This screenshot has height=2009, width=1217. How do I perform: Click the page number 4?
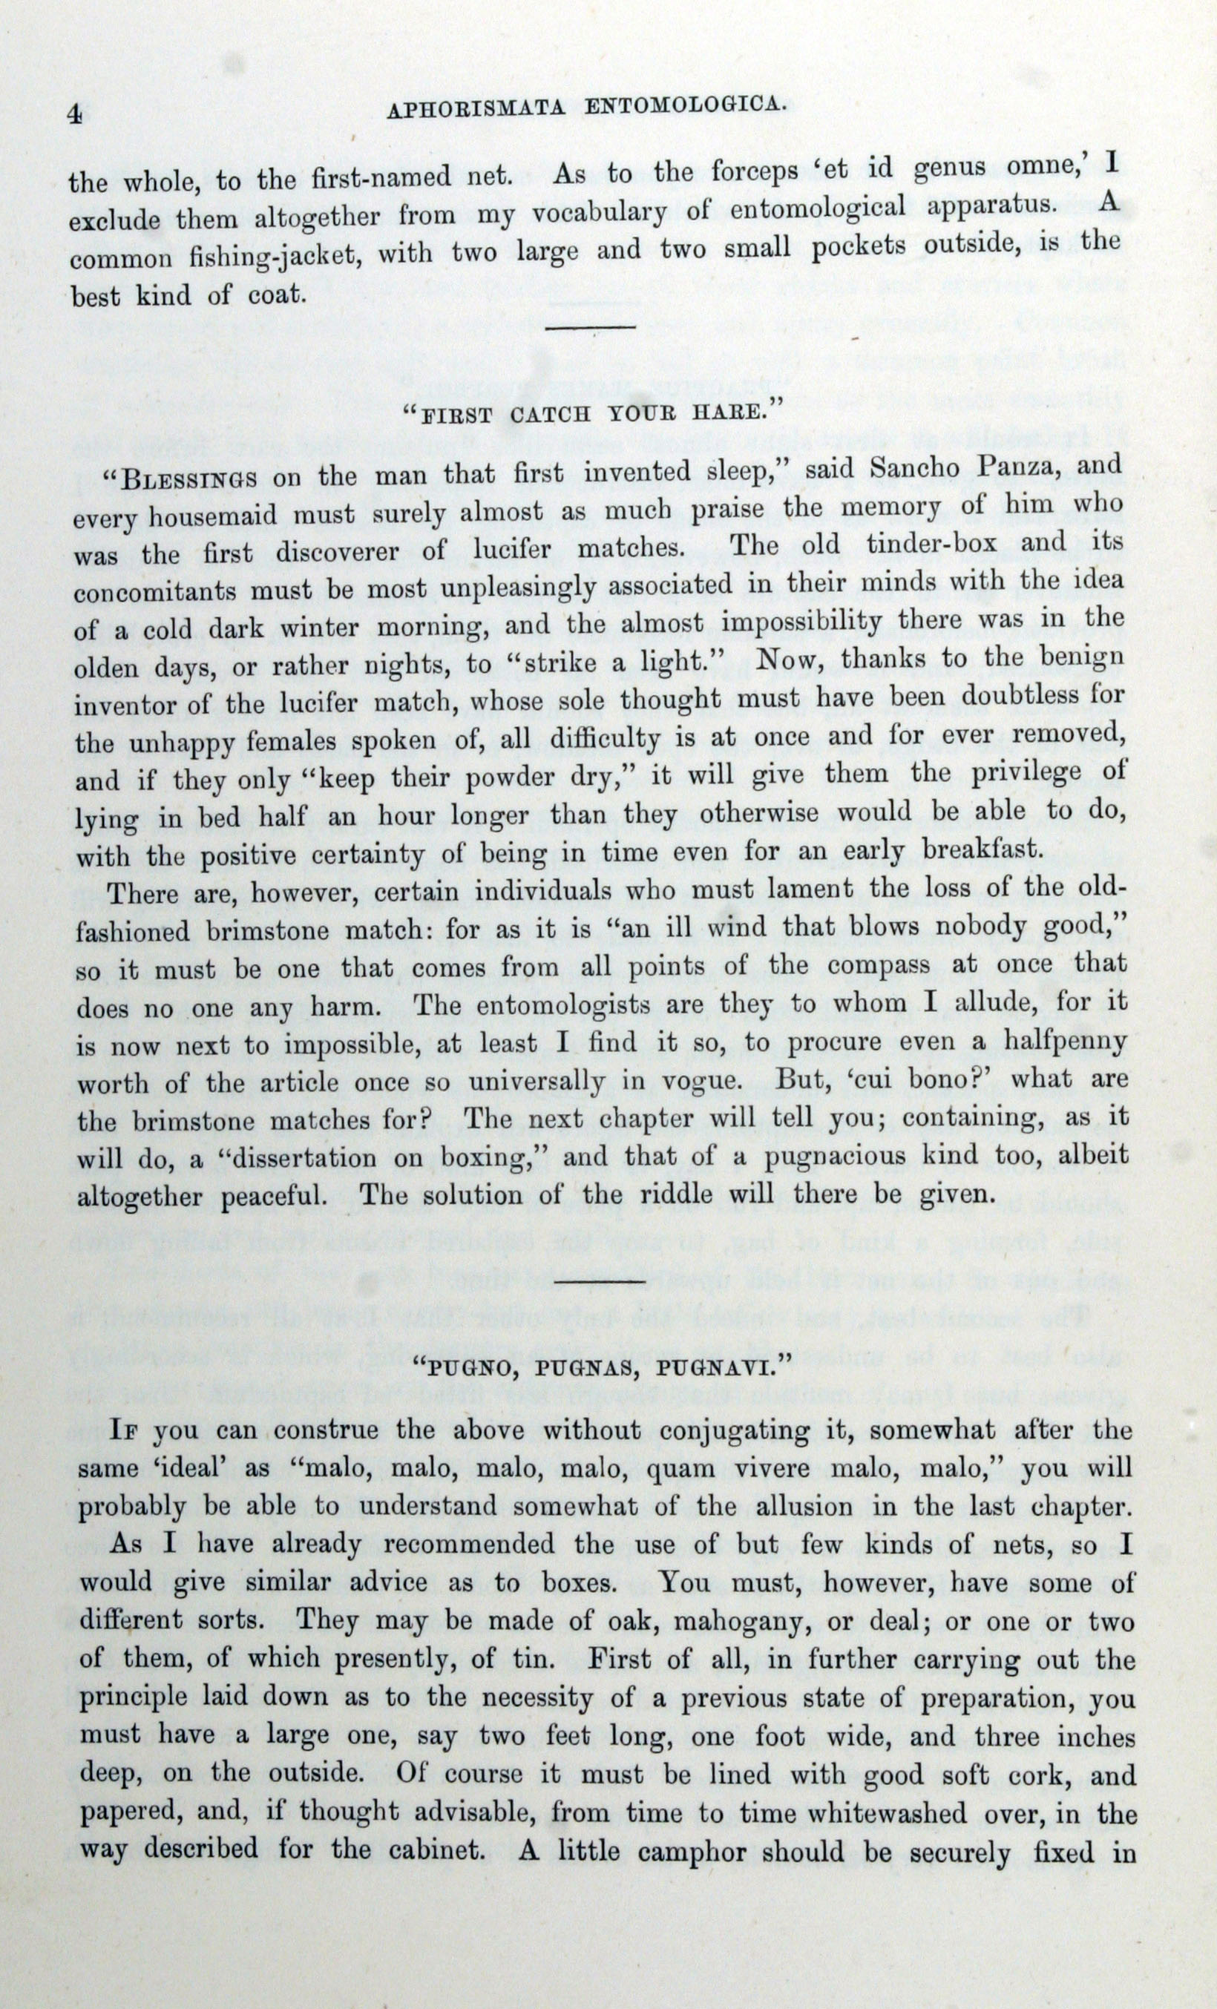(x=74, y=115)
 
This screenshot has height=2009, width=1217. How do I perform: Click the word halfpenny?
(x=1060, y=1043)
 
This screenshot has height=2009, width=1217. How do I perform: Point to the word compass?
(x=878, y=966)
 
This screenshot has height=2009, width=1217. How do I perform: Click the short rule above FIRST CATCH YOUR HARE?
(x=590, y=328)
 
